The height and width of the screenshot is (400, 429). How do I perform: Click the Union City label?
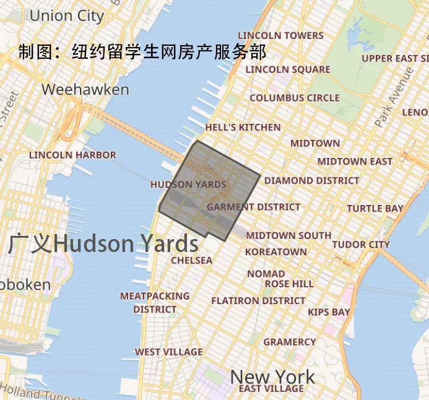click(67, 15)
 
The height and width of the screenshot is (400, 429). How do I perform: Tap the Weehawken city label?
click(85, 90)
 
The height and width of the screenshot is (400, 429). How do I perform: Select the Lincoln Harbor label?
click(72, 155)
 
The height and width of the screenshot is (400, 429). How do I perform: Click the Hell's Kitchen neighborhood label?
click(243, 128)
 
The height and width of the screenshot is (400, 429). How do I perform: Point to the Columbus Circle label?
click(295, 98)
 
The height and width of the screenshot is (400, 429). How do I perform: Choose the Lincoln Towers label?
click(280, 35)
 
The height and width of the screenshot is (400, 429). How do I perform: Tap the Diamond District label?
click(311, 181)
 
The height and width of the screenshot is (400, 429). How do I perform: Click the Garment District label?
click(253, 207)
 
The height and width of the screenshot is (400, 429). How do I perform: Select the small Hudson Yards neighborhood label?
click(188, 185)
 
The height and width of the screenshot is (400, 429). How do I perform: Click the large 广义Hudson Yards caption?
click(103, 244)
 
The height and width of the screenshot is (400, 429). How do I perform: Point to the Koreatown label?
click(275, 252)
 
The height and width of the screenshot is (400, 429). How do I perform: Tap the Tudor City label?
click(361, 245)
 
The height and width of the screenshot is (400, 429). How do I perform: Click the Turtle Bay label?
click(375, 209)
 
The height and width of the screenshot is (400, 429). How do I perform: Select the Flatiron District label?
click(258, 301)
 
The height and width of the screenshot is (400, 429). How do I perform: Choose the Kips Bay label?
click(329, 312)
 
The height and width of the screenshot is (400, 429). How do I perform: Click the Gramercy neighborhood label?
click(289, 342)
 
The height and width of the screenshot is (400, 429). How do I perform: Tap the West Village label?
click(168, 352)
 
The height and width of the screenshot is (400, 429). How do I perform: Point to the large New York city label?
click(272, 376)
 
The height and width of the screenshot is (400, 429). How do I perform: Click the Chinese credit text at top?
click(142, 51)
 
